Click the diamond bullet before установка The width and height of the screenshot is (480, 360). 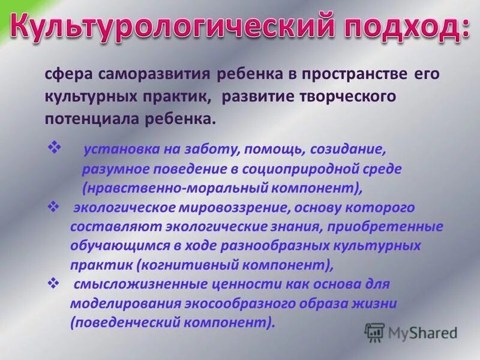(53, 146)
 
